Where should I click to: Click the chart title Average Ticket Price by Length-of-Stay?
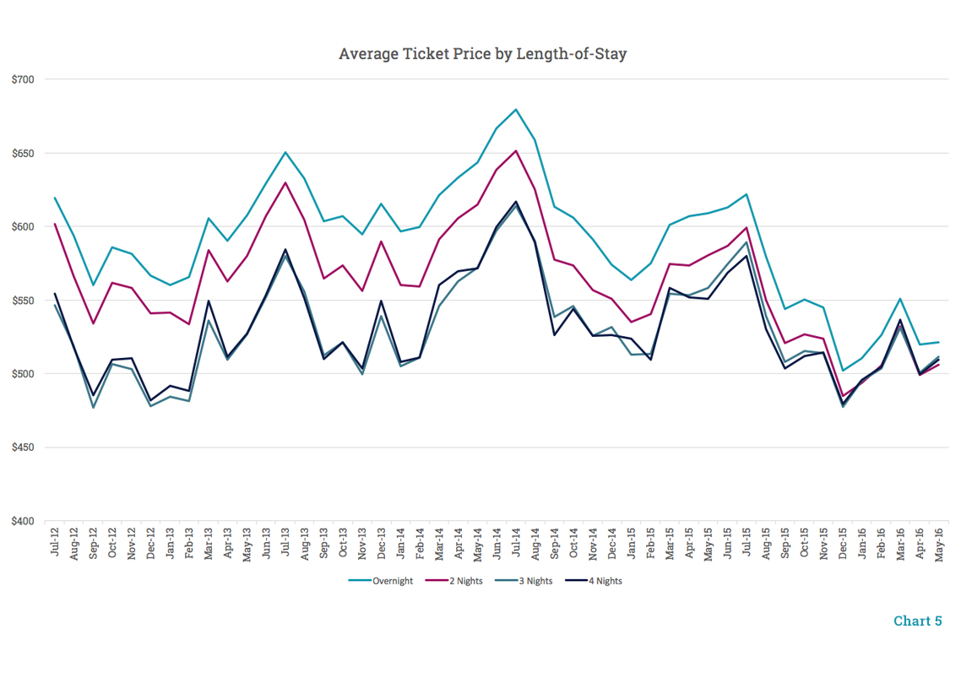click(x=482, y=54)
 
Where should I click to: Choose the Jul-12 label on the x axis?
click(x=55, y=541)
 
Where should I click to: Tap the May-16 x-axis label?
click(x=938, y=541)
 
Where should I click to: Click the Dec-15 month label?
click(x=842, y=541)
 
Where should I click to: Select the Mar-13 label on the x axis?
click(x=209, y=541)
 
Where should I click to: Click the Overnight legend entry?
click(x=382, y=581)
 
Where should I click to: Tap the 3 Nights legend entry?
click(x=524, y=581)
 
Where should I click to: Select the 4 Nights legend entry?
click(x=595, y=581)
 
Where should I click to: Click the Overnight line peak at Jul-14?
click(x=516, y=109)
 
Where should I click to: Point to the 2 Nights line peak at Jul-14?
click(x=516, y=151)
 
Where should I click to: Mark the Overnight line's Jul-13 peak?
click(x=285, y=152)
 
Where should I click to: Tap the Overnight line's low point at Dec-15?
click(x=842, y=371)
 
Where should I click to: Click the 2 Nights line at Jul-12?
click(x=55, y=224)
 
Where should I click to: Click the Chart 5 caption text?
click(x=917, y=621)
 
